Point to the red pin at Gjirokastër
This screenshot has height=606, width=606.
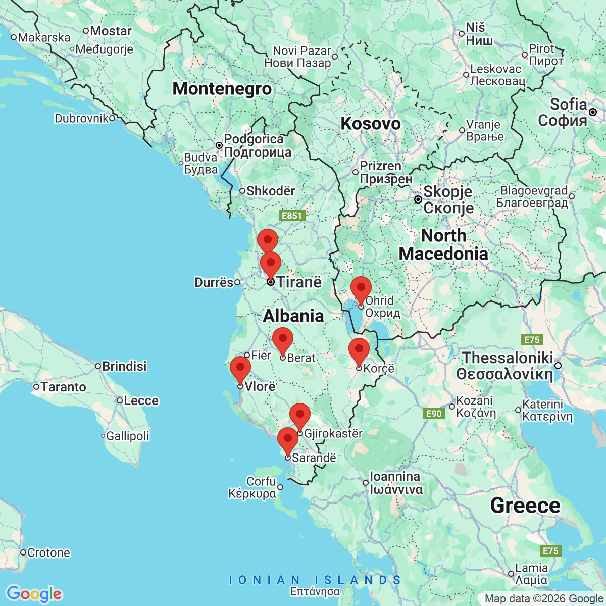point(300,416)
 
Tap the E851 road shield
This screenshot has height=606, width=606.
point(291,216)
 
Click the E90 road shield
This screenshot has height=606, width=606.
point(434,414)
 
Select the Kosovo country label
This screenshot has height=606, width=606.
point(371,123)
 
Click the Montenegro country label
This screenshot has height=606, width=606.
point(222,89)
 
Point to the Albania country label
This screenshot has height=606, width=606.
point(293,316)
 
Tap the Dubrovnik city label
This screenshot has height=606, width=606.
point(82,118)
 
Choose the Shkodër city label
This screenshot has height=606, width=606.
point(271,191)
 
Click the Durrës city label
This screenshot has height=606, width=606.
point(214,282)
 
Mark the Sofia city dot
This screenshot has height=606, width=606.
point(593,112)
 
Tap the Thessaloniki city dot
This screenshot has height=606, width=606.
point(558,365)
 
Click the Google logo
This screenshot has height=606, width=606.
point(34,594)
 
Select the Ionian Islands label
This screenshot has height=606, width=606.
point(315,580)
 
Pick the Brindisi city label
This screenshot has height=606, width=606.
point(124,366)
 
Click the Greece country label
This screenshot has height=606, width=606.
point(525,506)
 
